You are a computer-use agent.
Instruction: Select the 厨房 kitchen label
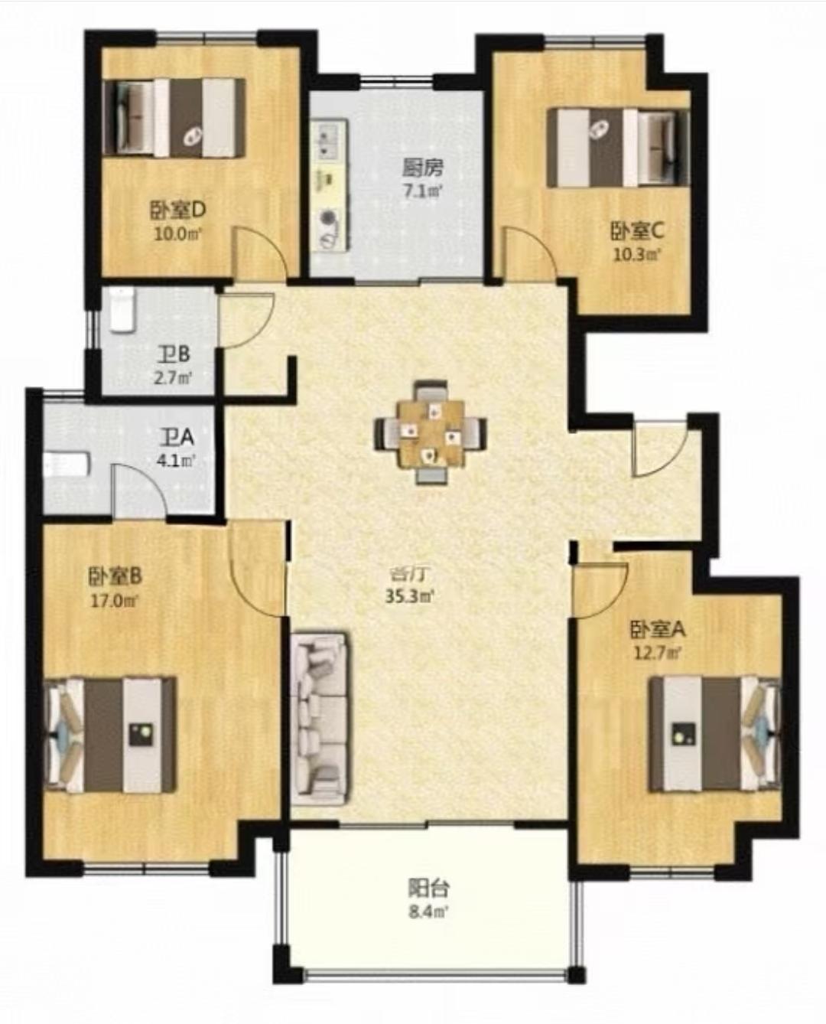click(x=422, y=168)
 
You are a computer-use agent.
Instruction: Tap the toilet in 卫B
click(x=122, y=310)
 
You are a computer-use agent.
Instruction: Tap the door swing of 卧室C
click(x=529, y=253)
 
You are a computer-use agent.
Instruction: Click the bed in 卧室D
click(x=175, y=118)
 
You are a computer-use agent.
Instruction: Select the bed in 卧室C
click(x=618, y=147)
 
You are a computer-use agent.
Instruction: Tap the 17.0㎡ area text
click(x=114, y=601)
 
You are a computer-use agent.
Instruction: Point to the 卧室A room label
click(x=658, y=630)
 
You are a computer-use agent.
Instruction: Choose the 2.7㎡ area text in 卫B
click(x=173, y=377)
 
